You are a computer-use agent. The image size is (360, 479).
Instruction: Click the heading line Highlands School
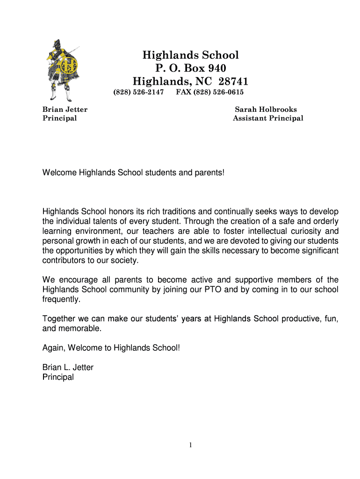point(190,55)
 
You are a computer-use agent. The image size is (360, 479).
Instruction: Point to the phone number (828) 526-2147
point(139,92)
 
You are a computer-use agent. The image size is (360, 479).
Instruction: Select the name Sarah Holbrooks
point(266,109)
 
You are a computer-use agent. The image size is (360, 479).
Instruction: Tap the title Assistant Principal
point(268,118)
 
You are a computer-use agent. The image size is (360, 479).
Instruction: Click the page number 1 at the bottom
point(191,445)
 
